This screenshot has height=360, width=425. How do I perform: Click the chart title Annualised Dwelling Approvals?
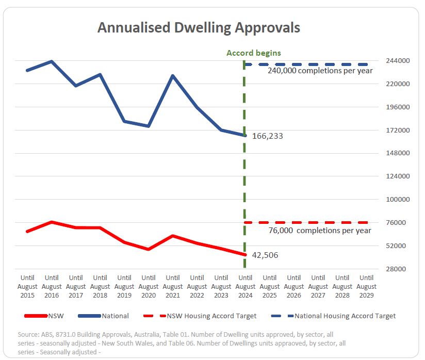click(199, 28)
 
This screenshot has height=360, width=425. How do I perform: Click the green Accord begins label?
click(254, 53)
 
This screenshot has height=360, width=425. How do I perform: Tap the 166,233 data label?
click(268, 136)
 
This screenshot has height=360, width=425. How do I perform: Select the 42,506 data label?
click(265, 255)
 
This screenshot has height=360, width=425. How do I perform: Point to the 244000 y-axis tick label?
click(398, 60)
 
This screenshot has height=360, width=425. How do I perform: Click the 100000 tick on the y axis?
click(398, 199)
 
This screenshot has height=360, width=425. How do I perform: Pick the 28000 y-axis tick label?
click(396, 269)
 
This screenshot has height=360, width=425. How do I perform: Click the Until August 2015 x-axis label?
click(27, 287)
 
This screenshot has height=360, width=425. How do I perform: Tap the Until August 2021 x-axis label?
click(173, 287)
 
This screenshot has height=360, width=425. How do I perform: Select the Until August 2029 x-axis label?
click(366, 287)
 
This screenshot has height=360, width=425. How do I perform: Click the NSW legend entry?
click(44, 316)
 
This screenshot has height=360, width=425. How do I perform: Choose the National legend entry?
click(103, 316)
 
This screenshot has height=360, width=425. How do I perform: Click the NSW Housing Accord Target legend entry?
click(200, 316)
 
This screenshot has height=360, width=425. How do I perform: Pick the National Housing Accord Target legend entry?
click(333, 316)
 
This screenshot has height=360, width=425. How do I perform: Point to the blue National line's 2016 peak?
click(52, 61)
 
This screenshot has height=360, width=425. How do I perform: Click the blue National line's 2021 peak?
click(173, 75)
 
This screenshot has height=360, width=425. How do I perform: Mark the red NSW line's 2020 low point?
click(149, 249)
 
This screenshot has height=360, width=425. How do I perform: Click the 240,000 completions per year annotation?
click(320, 71)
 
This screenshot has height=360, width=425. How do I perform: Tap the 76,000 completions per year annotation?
click(320, 231)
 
